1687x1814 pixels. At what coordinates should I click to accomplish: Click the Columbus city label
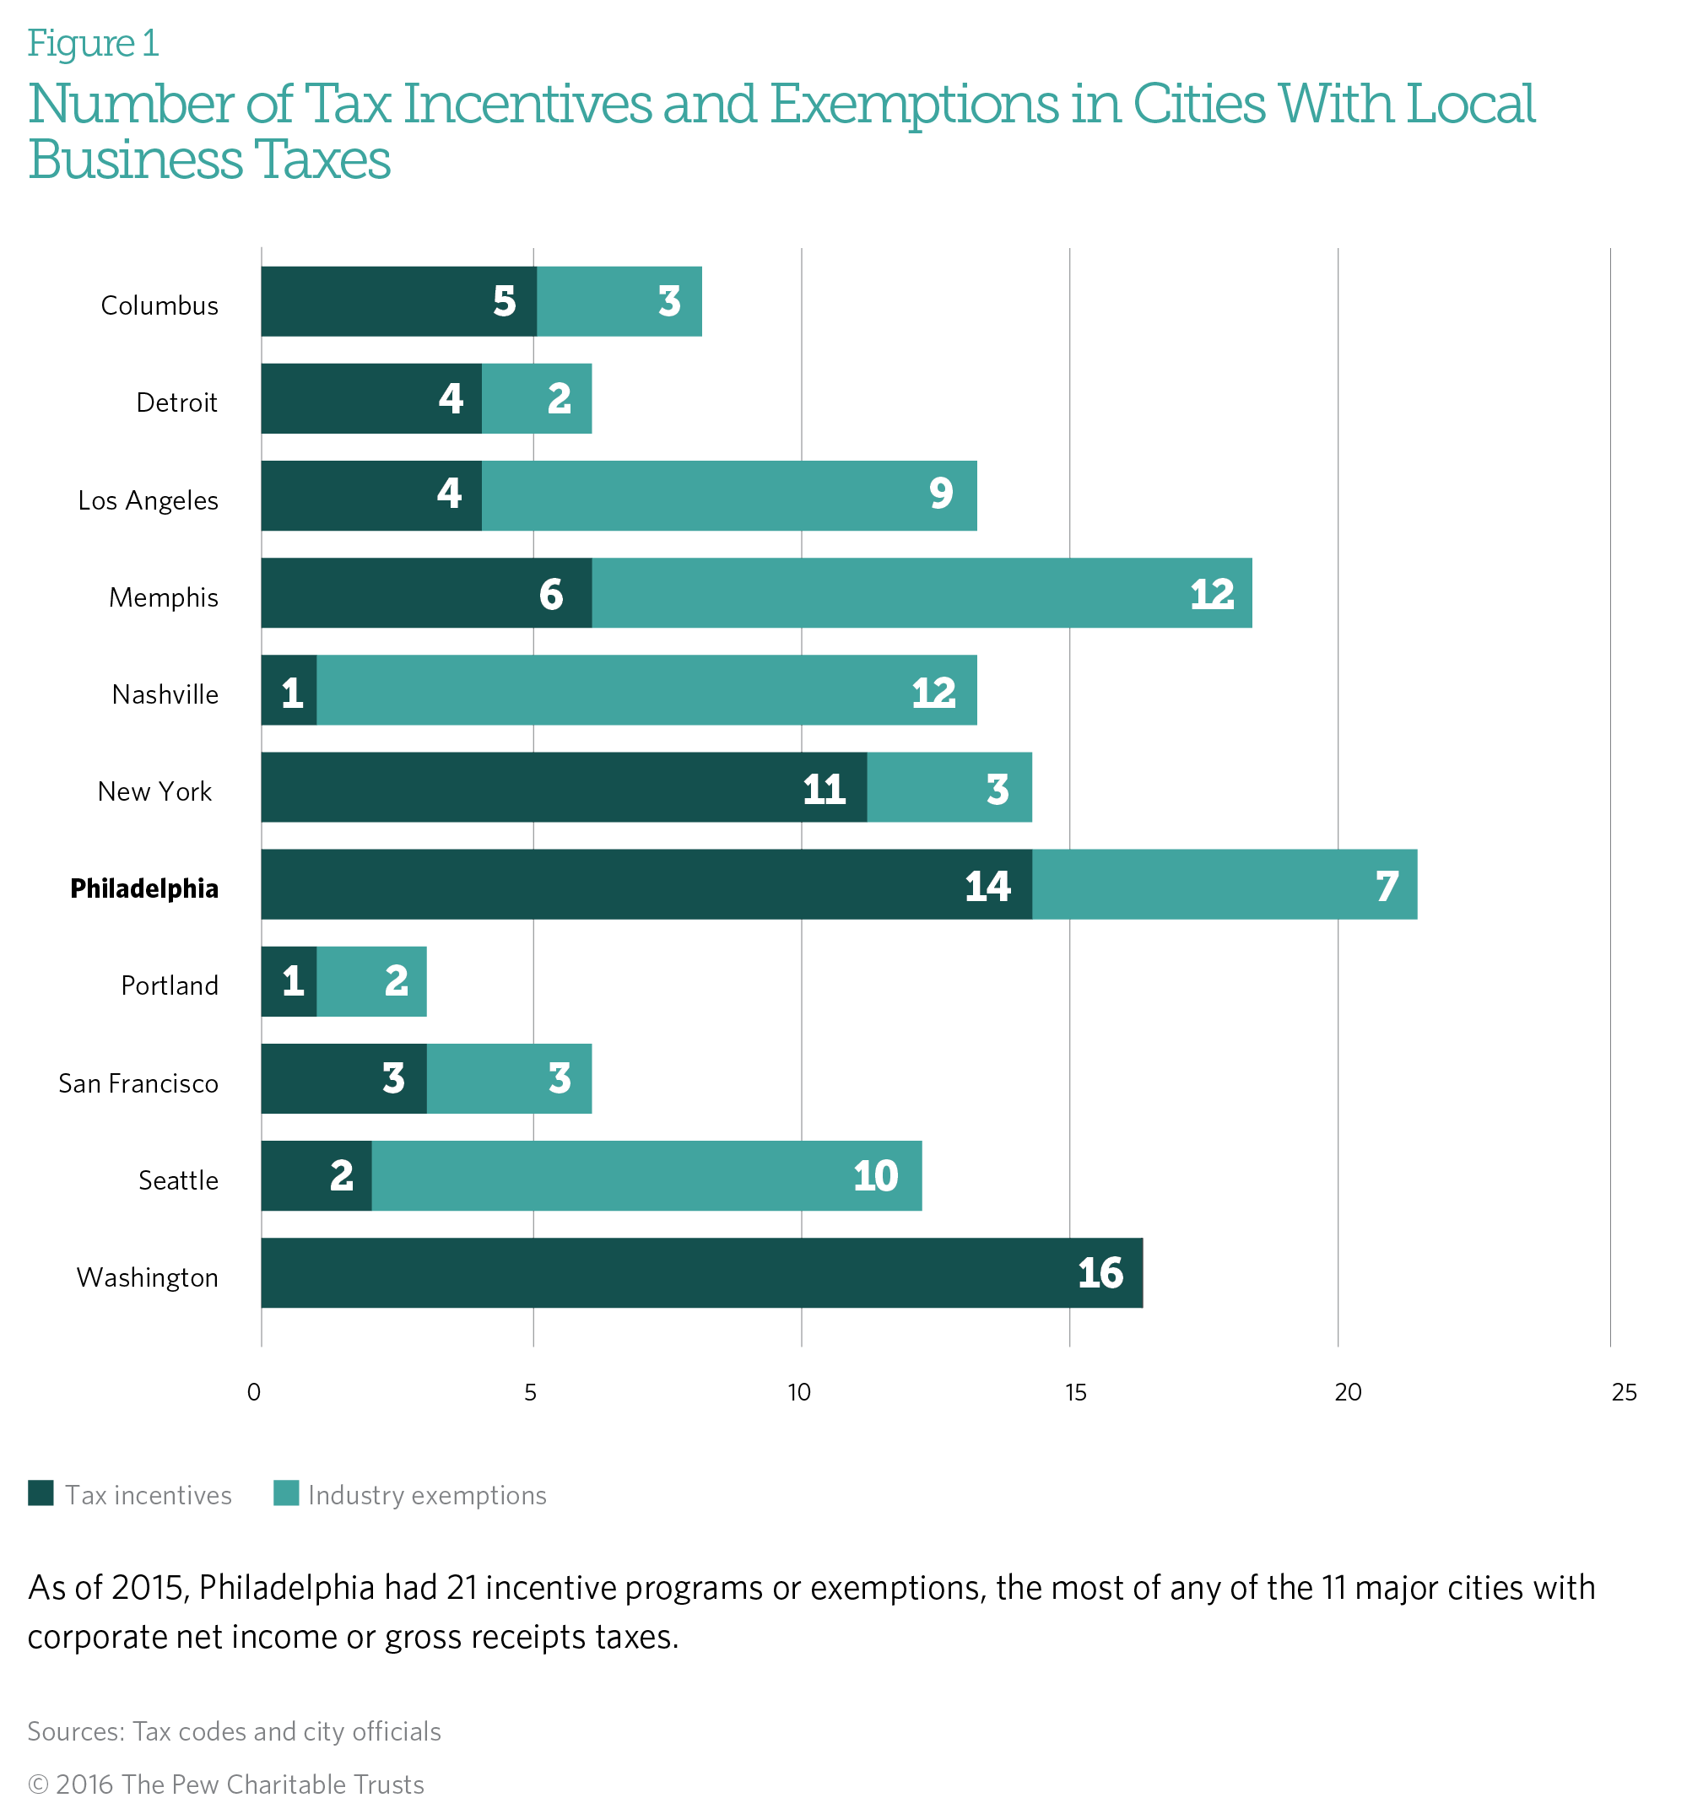click(160, 305)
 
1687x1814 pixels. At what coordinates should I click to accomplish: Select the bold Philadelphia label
click(144, 888)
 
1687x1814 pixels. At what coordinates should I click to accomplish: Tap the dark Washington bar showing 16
click(701, 1273)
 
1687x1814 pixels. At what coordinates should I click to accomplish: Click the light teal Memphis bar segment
click(922, 593)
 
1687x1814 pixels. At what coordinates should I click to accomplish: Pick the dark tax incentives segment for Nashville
click(289, 691)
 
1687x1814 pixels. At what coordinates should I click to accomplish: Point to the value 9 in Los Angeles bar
click(941, 494)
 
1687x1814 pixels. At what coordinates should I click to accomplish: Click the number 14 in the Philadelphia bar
click(987, 886)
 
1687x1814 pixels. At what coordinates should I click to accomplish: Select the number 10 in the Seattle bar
click(875, 1176)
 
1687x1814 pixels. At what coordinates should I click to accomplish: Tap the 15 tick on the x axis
click(1075, 1391)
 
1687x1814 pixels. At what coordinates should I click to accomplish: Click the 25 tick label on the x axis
click(1624, 1391)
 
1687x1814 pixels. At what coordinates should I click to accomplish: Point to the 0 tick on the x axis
click(254, 1391)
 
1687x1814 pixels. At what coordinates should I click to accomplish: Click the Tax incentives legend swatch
click(41, 1493)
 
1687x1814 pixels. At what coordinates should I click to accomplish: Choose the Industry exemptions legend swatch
click(286, 1493)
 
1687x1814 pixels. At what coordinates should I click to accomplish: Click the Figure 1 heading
click(93, 44)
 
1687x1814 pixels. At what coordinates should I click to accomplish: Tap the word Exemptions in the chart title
click(913, 104)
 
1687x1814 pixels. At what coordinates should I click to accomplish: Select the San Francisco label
click(138, 1083)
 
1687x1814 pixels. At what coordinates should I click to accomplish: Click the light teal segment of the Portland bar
click(371, 982)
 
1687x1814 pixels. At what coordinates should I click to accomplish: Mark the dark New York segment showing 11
click(563, 787)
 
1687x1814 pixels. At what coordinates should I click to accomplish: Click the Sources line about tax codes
click(234, 1731)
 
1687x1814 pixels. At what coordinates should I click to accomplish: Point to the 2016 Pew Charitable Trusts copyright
click(225, 1784)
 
